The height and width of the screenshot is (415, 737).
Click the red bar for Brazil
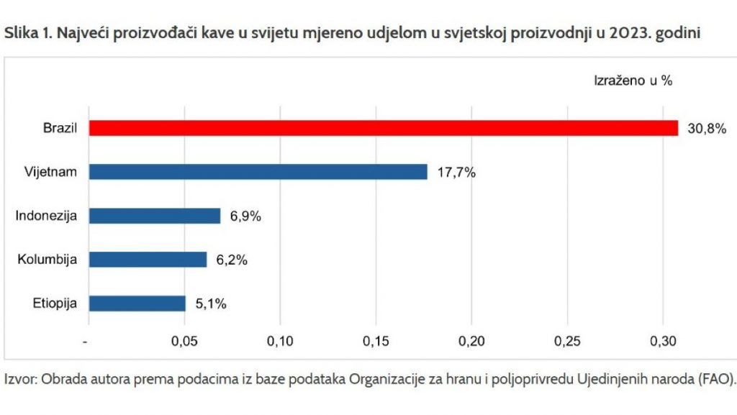point(383,128)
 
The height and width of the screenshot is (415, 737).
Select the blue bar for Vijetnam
point(258,172)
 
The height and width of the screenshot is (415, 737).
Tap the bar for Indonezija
point(155,216)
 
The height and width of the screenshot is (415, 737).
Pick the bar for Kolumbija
point(148,260)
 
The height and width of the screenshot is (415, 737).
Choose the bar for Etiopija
point(137,304)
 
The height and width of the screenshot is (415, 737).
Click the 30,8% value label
point(706,129)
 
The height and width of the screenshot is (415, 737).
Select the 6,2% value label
point(232,260)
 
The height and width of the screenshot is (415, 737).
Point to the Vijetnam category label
point(50,173)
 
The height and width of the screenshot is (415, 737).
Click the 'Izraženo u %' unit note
point(633,81)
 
